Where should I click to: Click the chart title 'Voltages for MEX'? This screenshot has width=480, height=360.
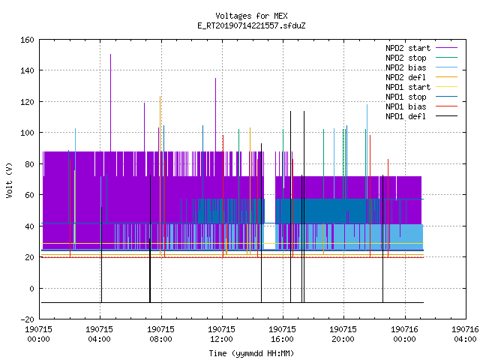[x=251, y=16]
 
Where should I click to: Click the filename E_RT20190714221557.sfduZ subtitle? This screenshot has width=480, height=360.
[x=251, y=25]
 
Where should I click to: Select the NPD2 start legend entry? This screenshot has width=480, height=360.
[x=421, y=48]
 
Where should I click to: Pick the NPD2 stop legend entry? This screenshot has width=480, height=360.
[x=421, y=58]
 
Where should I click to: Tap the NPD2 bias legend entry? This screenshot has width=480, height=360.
[x=421, y=67]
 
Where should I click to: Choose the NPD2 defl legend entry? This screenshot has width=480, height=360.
[x=421, y=77]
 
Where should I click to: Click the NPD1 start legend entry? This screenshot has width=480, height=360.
[x=421, y=87]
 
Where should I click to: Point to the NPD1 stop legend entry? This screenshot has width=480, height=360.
[x=421, y=97]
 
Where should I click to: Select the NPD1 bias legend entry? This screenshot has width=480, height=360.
[x=421, y=106]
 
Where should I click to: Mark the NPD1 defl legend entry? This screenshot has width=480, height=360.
[x=421, y=116]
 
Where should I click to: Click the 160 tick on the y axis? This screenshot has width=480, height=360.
[x=27, y=40]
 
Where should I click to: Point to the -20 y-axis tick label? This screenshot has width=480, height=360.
[x=27, y=319]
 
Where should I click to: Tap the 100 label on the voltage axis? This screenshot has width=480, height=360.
[x=27, y=133]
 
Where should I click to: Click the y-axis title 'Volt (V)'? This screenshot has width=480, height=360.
[x=9, y=180]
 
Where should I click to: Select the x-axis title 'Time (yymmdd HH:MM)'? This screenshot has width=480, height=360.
[x=251, y=353]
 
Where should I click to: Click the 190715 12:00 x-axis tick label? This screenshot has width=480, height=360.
[x=221, y=334]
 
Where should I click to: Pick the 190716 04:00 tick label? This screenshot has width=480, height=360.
[x=465, y=334]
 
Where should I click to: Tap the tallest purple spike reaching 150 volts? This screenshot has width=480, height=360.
[x=110, y=103]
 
